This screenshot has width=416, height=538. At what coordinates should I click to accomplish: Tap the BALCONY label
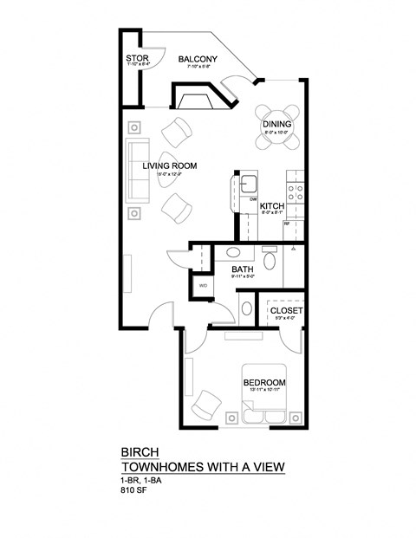point(197,60)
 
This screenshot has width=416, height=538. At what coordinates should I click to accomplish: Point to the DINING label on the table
point(276,125)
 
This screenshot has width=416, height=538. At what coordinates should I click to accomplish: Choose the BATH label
point(242,270)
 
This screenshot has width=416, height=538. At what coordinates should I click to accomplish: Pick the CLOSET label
point(285,310)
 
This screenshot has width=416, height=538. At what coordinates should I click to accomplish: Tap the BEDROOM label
point(263,383)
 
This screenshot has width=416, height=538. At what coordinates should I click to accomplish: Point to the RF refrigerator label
point(287,224)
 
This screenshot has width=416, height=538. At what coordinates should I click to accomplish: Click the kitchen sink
point(249,183)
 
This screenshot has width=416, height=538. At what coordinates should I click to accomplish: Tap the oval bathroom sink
point(233,253)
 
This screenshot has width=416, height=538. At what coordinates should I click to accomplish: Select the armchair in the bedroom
point(209,403)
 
